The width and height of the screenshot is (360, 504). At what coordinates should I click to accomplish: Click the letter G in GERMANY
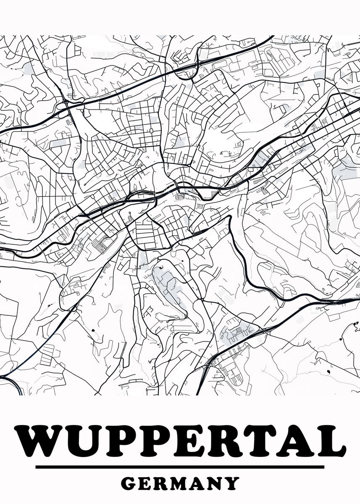tap(129, 483)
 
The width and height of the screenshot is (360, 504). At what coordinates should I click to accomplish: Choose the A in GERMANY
tap(202, 483)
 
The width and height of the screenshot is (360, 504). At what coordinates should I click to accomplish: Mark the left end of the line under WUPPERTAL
tap(37, 467)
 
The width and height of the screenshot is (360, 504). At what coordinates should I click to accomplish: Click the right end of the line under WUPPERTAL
tap(323, 467)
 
